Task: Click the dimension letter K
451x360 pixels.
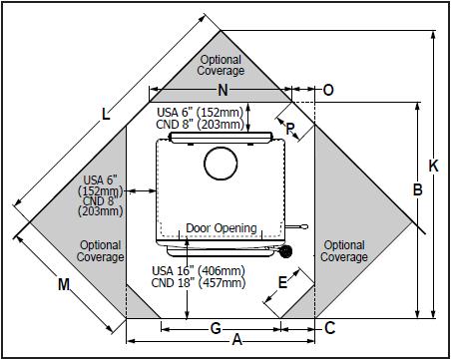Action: click(433, 166)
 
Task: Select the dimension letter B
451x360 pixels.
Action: click(418, 189)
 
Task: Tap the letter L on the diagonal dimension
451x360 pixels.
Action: click(106, 114)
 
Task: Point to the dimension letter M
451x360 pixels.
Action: click(64, 284)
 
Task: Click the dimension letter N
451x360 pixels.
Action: click(223, 90)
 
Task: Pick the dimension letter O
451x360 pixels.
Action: click(328, 90)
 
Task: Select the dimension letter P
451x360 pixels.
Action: click(290, 129)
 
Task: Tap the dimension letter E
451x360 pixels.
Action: click(282, 282)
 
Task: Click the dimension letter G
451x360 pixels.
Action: click(216, 329)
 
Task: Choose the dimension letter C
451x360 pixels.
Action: click(329, 328)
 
